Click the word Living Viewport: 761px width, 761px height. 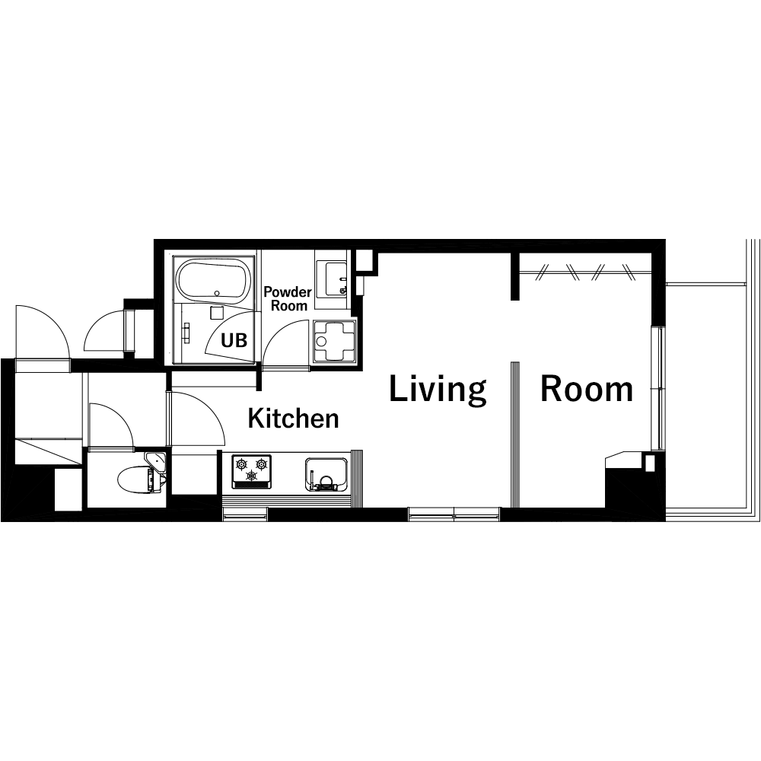point(438,389)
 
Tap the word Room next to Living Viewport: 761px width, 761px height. point(586,389)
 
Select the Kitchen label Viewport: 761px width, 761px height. point(293,419)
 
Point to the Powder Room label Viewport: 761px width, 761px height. point(288,298)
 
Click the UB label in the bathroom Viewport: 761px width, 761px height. point(234,340)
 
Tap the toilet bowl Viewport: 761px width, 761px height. point(135,479)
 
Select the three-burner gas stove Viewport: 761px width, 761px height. point(251,471)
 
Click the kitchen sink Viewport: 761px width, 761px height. point(326,474)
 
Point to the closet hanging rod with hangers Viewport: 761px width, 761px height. point(585,273)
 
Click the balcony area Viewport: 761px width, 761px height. point(707,398)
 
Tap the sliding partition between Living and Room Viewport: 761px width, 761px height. point(515,435)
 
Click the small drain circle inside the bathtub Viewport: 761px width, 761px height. point(217,293)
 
